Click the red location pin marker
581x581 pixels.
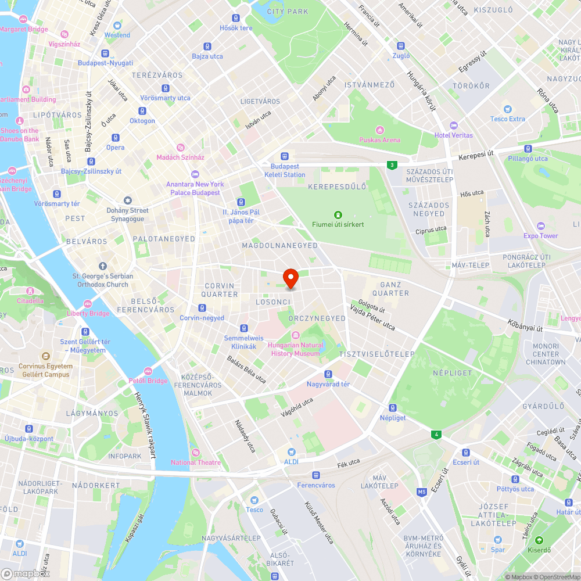[x=290, y=278]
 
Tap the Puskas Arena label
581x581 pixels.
[x=379, y=139]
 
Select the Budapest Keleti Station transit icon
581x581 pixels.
[x=285, y=156]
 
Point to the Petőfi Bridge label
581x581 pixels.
[x=148, y=381]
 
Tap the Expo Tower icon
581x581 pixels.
[x=541, y=225]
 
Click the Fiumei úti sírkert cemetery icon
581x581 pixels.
[x=338, y=214]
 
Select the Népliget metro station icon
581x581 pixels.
[x=393, y=408]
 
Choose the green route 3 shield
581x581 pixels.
[x=393, y=165]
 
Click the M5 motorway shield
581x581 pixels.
[x=422, y=492]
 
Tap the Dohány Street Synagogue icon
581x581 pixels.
[x=127, y=200]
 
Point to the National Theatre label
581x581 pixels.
[x=196, y=462]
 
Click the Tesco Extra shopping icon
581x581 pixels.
[x=508, y=109]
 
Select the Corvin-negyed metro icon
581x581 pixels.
[x=202, y=308]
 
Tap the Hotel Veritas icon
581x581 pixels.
[x=454, y=125]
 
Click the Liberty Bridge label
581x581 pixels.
[x=88, y=314]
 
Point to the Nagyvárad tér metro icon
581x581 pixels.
[x=328, y=374]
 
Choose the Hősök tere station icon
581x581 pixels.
[x=236, y=18]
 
